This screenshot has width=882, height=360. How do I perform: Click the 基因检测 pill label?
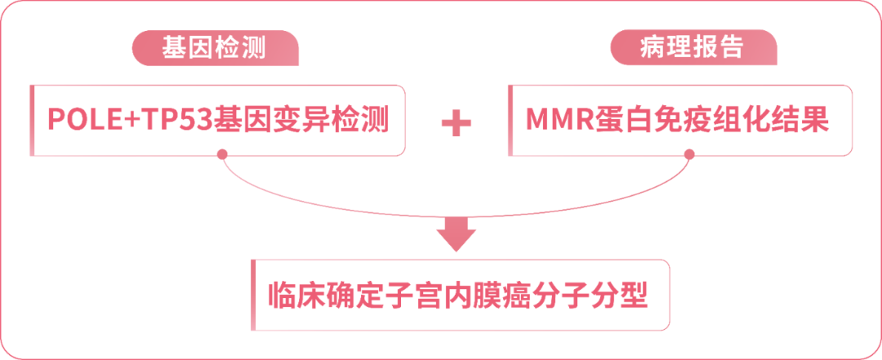[215, 49]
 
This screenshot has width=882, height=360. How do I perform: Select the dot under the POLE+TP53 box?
[221, 154]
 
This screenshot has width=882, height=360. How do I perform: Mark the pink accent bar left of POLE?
[32, 120]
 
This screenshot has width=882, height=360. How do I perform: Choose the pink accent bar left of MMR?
[510, 120]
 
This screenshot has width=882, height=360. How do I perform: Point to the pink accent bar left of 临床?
[254, 295]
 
